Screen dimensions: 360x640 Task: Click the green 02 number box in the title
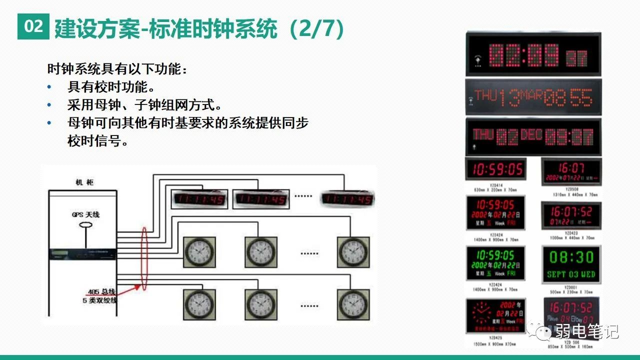[x=33, y=26]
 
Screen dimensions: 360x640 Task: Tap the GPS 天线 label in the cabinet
[x=85, y=214]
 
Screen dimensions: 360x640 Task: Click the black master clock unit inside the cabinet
[x=82, y=254]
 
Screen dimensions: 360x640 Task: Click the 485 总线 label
[x=100, y=291]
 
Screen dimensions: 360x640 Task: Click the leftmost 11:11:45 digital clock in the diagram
[x=199, y=199]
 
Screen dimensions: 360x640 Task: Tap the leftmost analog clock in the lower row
[x=199, y=304]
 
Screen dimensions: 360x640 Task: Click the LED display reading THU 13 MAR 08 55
[x=533, y=97]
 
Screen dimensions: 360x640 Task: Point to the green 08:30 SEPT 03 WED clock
[x=571, y=263]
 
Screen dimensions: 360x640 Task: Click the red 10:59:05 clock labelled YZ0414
[x=495, y=169]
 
